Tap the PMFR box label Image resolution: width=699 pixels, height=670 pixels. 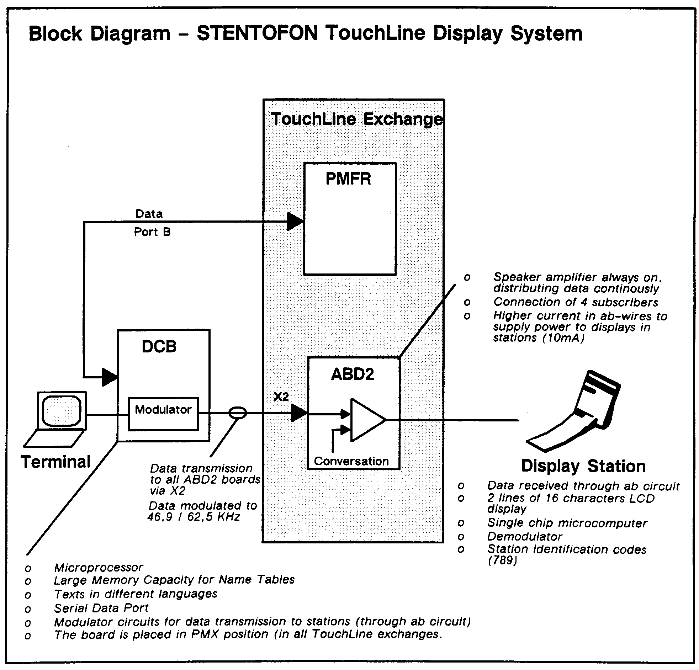click(x=348, y=179)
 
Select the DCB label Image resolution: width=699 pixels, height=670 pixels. click(x=159, y=346)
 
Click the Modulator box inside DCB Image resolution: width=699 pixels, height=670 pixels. click(x=163, y=413)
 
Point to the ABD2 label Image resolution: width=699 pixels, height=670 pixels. click(x=353, y=374)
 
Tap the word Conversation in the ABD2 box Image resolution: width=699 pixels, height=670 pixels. click(x=351, y=461)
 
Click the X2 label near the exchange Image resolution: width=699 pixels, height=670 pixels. click(x=281, y=397)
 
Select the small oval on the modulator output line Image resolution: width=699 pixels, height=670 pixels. click(x=237, y=413)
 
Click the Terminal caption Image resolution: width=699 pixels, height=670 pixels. click(x=55, y=462)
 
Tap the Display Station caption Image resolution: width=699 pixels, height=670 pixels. click(x=583, y=466)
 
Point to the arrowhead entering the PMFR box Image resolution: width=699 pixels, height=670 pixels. click(x=295, y=222)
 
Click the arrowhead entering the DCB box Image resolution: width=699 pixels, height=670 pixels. click(x=110, y=377)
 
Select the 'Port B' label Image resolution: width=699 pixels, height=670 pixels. click(x=152, y=232)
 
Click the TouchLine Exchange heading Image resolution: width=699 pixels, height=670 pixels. click(x=356, y=119)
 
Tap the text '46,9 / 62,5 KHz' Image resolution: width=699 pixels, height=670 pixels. click(x=194, y=517)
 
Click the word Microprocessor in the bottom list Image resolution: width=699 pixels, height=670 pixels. click(x=99, y=567)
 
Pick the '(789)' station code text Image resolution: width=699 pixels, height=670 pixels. click(x=502, y=560)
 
